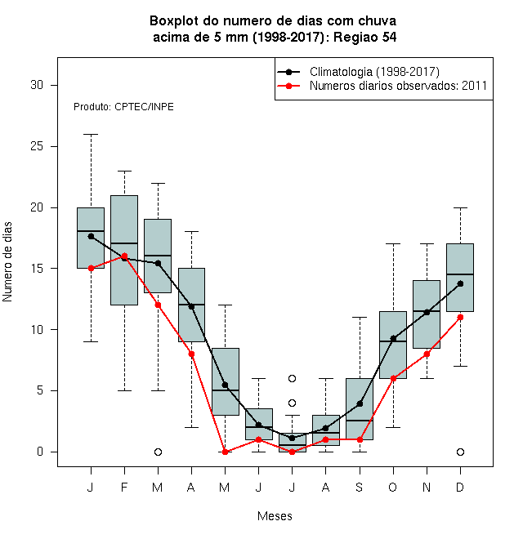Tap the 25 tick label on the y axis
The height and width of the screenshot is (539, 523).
(x=37, y=146)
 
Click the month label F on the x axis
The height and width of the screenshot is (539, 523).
(x=124, y=487)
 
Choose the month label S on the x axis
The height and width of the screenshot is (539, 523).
(x=360, y=487)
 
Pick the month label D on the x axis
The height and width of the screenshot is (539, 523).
(x=460, y=487)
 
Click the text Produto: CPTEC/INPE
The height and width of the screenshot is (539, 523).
(x=123, y=107)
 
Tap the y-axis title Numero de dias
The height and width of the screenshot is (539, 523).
(x=7, y=262)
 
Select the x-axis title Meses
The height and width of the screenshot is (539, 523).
(x=275, y=516)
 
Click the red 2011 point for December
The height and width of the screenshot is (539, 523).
(x=460, y=318)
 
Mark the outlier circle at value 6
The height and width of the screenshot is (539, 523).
(x=292, y=378)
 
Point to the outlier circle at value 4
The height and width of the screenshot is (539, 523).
(x=292, y=403)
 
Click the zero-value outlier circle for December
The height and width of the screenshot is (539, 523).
(x=460, y=452)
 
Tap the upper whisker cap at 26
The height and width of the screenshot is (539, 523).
(x=91, y=135)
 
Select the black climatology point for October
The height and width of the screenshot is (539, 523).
(x=393, y=339)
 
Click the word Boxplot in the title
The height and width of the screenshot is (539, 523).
(x=174, y=21)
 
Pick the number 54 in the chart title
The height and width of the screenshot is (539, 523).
(x=389, y=37)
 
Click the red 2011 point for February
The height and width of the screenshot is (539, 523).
(x=124, y=256)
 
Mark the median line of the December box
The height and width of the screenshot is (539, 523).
(x=460, y=274)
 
